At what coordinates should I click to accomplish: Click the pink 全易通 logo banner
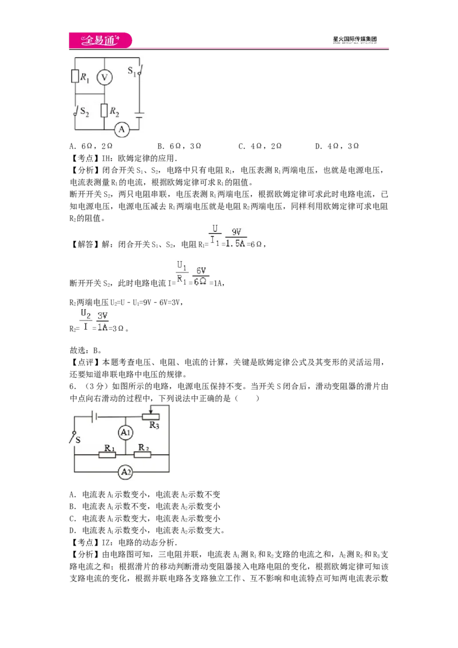point(100,40)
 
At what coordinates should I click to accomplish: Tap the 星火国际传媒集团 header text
point(354,39)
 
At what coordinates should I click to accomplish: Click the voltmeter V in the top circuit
point(105,77)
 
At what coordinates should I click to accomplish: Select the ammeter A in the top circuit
point(121,129)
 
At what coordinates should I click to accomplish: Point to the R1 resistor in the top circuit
point(75,77)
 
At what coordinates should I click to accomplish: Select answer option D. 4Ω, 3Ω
point(337,146)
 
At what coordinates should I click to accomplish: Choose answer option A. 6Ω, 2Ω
point(91,146)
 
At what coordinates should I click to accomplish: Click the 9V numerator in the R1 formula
point(236,232)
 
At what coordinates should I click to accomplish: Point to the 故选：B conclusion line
point(85,350)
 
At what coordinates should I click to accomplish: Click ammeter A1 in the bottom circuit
point(125,433)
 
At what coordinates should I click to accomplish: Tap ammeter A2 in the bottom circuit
point(125,472)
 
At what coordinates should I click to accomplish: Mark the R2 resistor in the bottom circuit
point(143,455)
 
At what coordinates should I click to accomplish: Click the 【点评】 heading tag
point(85,362)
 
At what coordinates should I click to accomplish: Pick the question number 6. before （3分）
point(73,386)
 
